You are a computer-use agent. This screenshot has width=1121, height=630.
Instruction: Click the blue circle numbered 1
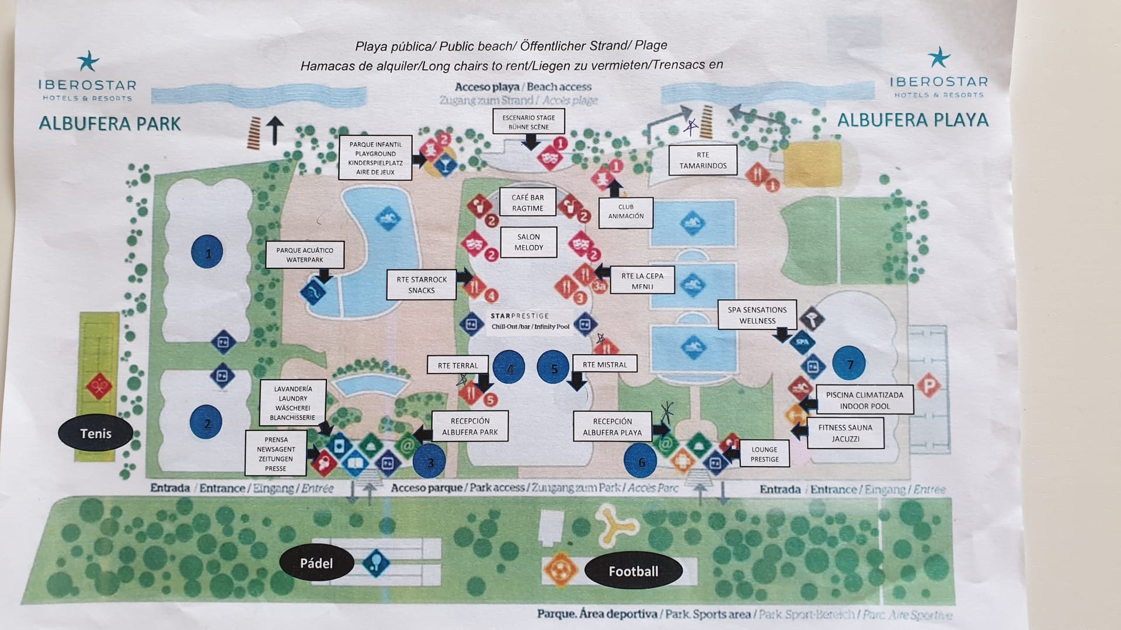point(207,252)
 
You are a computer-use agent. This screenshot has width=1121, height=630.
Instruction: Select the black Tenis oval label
point(96,433)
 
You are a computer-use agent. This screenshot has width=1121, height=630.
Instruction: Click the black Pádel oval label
point(316,563)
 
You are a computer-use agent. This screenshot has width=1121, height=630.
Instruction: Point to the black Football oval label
point(633,571)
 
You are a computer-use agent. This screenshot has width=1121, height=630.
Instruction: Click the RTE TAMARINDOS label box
point(703,160)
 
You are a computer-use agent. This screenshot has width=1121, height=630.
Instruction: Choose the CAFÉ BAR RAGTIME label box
point(528,202)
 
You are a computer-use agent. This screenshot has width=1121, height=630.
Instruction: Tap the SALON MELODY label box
point(528,242)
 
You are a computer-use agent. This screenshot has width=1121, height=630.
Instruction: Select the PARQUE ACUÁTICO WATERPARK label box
point(305,255)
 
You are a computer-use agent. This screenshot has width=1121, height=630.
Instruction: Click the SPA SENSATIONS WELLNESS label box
point(757,315)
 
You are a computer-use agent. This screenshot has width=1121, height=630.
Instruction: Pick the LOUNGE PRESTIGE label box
point(764,454)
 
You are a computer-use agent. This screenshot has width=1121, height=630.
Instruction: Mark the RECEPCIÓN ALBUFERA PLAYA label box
point(612,427)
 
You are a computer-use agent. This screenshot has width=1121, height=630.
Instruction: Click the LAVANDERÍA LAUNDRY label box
point(293,403)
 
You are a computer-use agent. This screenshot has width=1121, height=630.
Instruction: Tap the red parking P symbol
point(928,386)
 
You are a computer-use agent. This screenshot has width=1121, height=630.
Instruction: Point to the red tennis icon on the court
point(99,386)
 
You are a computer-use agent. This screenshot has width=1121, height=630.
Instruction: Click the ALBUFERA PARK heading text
point(110,124)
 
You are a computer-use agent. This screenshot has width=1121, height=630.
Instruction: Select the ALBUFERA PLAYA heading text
point(913,120)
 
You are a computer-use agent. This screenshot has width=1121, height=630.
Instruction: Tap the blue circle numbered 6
point(640,461)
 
